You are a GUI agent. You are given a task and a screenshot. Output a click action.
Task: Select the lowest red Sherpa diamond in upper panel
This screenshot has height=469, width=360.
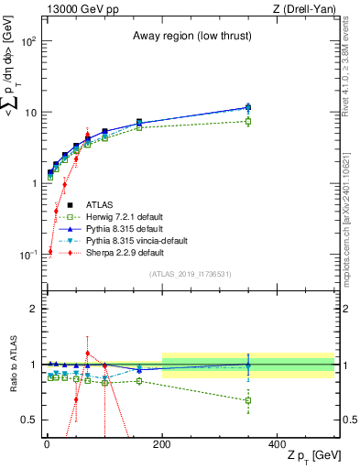pos(49,251)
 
